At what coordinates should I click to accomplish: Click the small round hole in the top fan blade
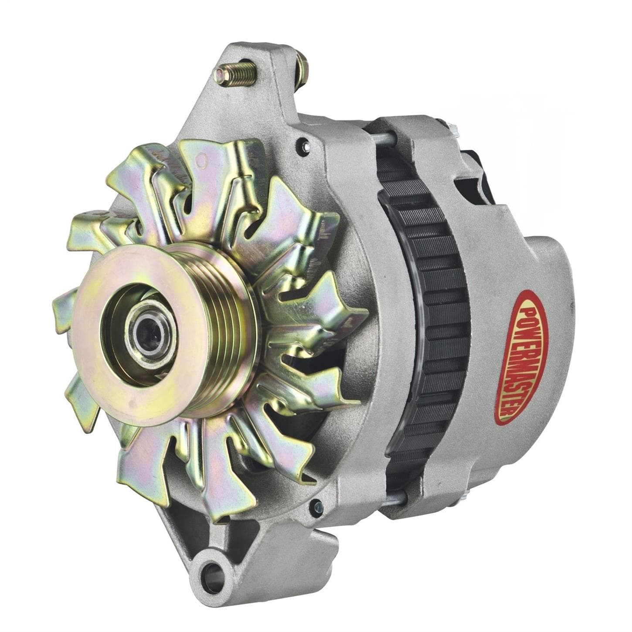(x=201, y=163)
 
